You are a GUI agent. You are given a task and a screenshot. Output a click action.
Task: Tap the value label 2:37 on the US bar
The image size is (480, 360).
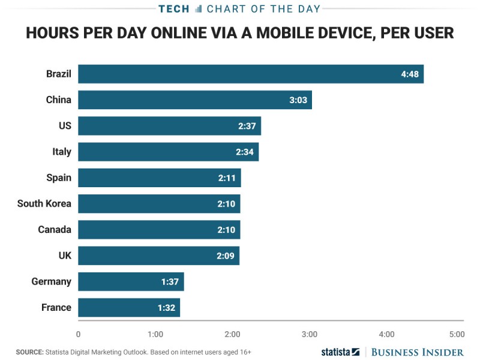pyautogui.click(x=247, y=126)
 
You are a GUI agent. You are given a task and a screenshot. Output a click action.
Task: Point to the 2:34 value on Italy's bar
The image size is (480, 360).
pyautogui.click(x=245, y=152)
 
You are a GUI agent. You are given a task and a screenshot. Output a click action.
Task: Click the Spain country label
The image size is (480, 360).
pyautogui.click(x=59, y=178)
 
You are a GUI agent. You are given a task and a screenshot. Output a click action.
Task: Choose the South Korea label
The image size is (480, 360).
pyautogui.click(x=44, y=203)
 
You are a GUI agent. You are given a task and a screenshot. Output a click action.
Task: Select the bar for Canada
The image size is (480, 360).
pyautogui.click(x=159, y=230)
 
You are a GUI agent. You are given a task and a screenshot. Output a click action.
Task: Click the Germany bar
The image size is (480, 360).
pyautogui.click(x=131, y=281)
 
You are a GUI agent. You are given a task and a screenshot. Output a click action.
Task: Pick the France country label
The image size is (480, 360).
pyautogui.click(x=56, y=307)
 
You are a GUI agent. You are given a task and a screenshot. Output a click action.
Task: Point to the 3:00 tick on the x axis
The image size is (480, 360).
pyautogui.click(x=309, y=334)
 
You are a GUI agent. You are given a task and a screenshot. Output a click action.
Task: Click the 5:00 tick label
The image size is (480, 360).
pyautogui.click(x=456, y=334)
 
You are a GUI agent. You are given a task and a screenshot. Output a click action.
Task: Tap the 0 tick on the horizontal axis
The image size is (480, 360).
pyautogui.click(x=78, y=334)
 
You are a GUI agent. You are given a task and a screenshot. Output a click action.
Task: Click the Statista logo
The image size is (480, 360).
pyautogui.click(x=340, y=352)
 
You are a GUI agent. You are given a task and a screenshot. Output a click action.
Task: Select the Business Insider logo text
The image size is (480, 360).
pyautogui.click(x=418, y=352)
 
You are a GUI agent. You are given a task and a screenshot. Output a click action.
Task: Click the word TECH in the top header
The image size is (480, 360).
pyautogui.click(x=174, y=8)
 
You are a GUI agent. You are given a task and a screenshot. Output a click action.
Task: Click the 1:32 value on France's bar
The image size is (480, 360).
pyautogui.click(x=166, y=307)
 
